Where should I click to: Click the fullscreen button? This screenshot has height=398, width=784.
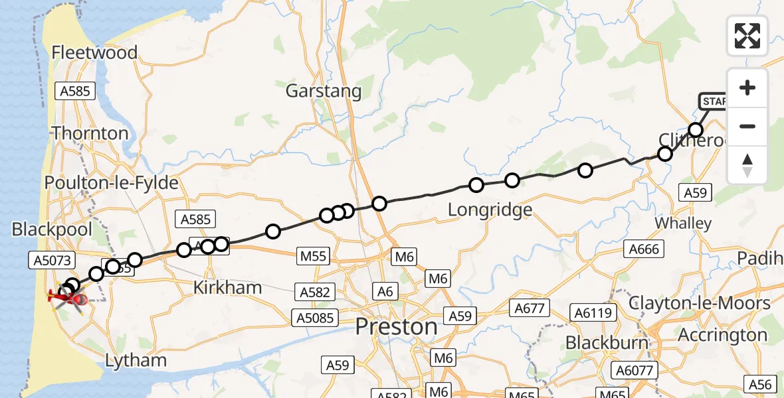point(747,36)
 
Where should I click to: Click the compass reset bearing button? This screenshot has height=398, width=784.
point(747,165)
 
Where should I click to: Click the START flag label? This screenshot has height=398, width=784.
point(714,101)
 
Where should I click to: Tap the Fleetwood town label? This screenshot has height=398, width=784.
point(94,52)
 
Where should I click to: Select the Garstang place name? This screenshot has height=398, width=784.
point(324,91)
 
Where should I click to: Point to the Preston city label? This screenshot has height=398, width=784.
point(397,326)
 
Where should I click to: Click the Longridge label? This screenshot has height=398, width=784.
point(490,210)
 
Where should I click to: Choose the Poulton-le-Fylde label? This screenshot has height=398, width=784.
point(112,182)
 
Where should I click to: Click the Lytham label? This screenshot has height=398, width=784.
point(136,361)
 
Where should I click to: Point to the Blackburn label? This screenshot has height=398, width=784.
point(606,342)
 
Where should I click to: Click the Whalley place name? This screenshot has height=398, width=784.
point(683,223)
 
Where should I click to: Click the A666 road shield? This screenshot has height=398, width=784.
point(642,249)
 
